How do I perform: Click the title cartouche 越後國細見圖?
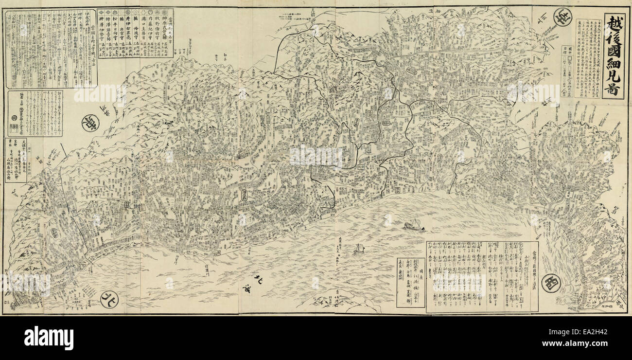(613, 56)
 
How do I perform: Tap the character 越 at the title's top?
(613, 24)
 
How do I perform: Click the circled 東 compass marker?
(90, 123)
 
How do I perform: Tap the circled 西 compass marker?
(552, 282)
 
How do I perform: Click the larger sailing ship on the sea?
(413, 225)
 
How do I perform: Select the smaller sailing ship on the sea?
(359, 249)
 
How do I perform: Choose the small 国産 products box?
(410, 282)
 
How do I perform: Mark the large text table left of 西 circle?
(482, 276)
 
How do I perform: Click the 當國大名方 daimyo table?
(135, 33)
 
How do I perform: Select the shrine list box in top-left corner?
(51, 49)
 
